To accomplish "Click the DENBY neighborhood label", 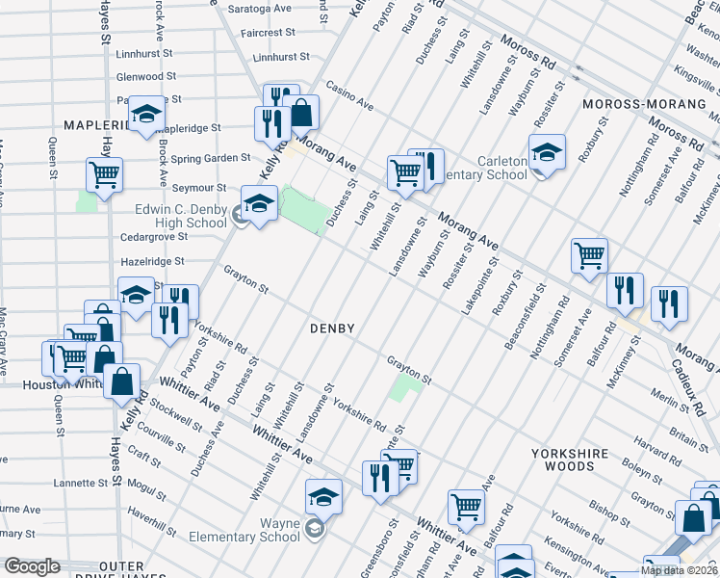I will (x=333, y=328).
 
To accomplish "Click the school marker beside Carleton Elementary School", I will (x=547, y=154).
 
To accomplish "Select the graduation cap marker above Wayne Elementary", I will (x=323, y=496).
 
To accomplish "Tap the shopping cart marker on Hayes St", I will (x=104, y=174).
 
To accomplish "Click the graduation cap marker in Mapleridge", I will (x=146, y=114).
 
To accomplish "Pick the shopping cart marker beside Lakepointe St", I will (x=589, y=255).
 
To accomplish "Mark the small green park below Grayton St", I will (x=405, y=389).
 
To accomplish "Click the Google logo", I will (x=33, y=567).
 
